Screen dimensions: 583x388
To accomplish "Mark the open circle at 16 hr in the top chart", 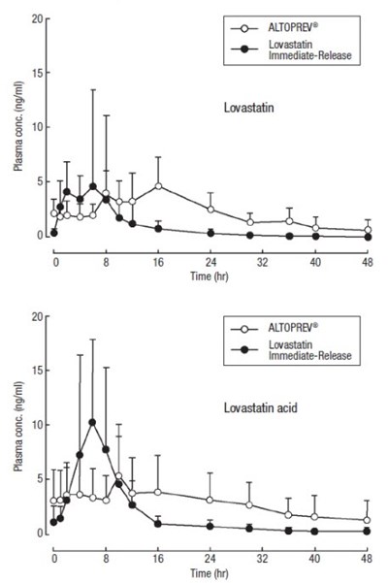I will [158, 185].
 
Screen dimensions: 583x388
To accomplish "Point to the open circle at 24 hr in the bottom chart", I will [210, 500].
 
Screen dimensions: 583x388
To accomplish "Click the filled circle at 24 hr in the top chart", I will [210, 233].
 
